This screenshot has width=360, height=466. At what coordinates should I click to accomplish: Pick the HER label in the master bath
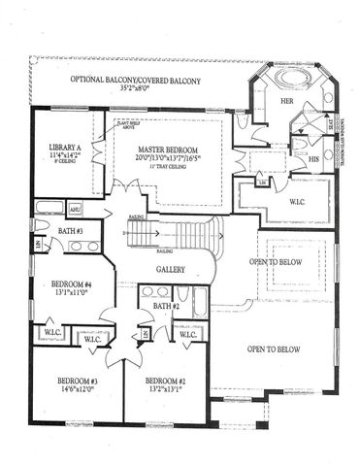point(260,101)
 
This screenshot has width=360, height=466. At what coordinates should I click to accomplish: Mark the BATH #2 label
point(153,310)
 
